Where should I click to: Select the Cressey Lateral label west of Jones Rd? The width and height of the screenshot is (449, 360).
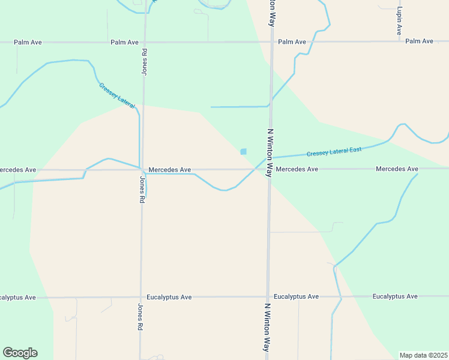pyautogui.click(x=116, y=95)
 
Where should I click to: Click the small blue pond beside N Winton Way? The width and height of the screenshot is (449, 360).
pyautogui.click(x=243, y=152)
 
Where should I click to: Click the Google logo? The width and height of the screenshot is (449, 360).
pyautogui.click(x=20, y=353)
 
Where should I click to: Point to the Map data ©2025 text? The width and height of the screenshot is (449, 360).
pyautogui.click(x=423, y=355)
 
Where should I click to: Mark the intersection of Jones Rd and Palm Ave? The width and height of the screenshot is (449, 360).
pyautogui.click(x=145, y=42)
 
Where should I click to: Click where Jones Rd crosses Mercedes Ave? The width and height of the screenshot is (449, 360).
pyautogui.click(x=142, y=170)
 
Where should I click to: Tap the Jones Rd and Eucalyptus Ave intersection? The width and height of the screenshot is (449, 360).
pyautogui.click(x=141, y=297)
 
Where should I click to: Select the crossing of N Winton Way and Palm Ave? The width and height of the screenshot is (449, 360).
pyautogui.click(x=272, y=42)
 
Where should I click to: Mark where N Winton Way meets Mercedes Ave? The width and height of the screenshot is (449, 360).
pyautogui.click(x=270, y=169)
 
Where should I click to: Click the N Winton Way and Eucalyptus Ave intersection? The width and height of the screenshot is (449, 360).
pyautogui.click(x=268, y=296)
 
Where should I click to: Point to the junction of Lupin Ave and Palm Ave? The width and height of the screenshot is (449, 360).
pyautogui.click(x=399, y=41)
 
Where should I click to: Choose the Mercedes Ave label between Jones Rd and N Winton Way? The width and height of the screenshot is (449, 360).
pyautogui.click(x=170, y=170)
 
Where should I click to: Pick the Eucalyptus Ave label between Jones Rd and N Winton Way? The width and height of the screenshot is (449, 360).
pyautogui.click(x=169, y=297)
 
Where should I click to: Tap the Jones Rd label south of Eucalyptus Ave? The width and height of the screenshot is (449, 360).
pyautogui.click(x=140, y=317)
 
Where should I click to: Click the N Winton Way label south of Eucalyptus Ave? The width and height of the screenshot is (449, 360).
pyautogui.click(x=267, y=326)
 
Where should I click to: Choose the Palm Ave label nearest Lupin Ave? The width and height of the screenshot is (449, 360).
pyautogui.click(x=419, y=41)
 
